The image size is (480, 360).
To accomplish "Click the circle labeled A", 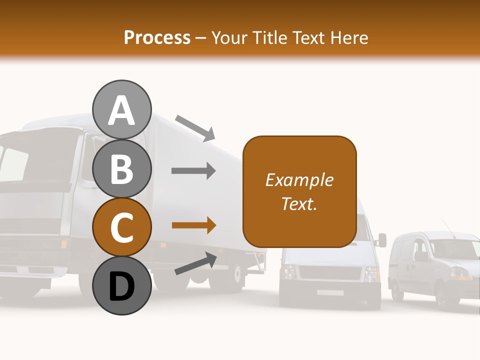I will (x=121, y=109).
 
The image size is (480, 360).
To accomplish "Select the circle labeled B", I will (x=121, y=168).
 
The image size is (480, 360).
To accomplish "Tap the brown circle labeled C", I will (x=121, y=227).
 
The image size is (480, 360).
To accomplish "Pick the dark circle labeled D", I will (x=121, y=285).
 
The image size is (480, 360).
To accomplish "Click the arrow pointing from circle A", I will (x=195, y=127).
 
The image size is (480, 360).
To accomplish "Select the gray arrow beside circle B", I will (x=193, y=171).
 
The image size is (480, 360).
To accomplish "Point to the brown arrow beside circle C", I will (x=193, y=225).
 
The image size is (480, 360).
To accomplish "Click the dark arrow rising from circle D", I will (x=195, y=263).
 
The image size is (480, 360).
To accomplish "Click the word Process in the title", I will (x=157, y=37).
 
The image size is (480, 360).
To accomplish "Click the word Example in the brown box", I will (x=299, y=180).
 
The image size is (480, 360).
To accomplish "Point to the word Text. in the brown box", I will (x=299, y=203).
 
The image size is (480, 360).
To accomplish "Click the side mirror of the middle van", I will (x=382, y=240).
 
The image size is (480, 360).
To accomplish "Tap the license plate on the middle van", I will (x=330, y=292).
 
